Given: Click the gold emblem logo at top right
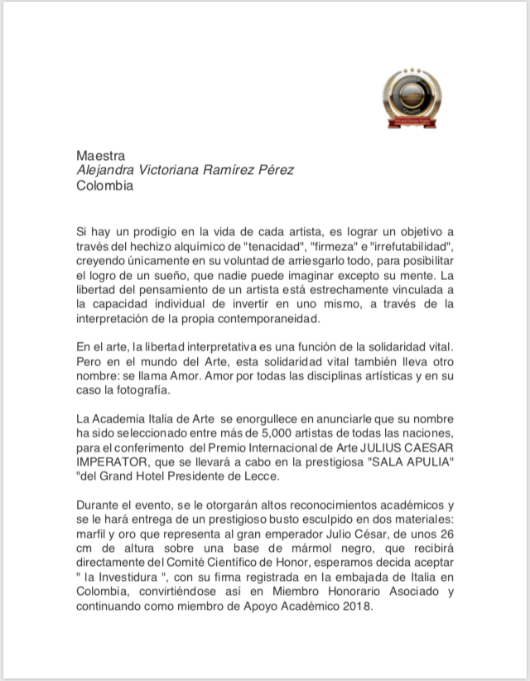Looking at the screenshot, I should tap(412, 96).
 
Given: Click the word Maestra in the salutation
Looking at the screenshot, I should tap(100, 155).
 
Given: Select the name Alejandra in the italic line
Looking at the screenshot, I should tap(105, 170).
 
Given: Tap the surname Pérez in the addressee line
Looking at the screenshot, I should tap(272, 170).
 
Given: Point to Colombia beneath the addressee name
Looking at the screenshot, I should tap(104, 186).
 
